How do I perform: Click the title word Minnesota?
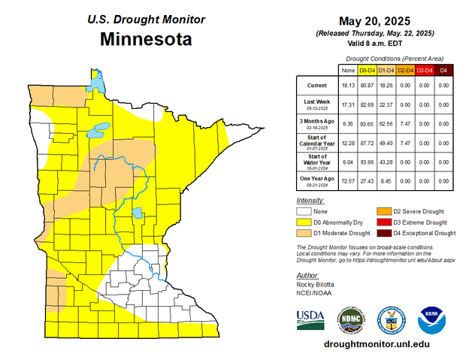(x=145, y=38)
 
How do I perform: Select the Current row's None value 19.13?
(x=348, y=86)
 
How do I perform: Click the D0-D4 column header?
(x=368, y=70)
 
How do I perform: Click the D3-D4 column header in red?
(x=424, y=70)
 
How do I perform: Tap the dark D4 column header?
(x=443, y=70)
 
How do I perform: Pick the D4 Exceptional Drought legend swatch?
(x=383, y=233)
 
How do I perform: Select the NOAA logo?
(x=432, y=319)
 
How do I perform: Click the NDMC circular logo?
(x=351, y=319)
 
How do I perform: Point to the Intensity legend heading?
(x=310, y=201)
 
